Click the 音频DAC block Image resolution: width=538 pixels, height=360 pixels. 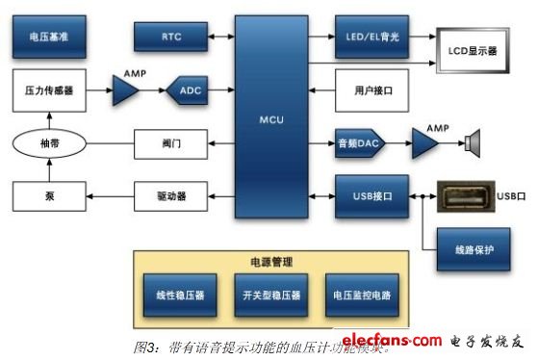click(x=360, y=143)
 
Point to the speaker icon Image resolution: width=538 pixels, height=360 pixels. click(x=472, y=144)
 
